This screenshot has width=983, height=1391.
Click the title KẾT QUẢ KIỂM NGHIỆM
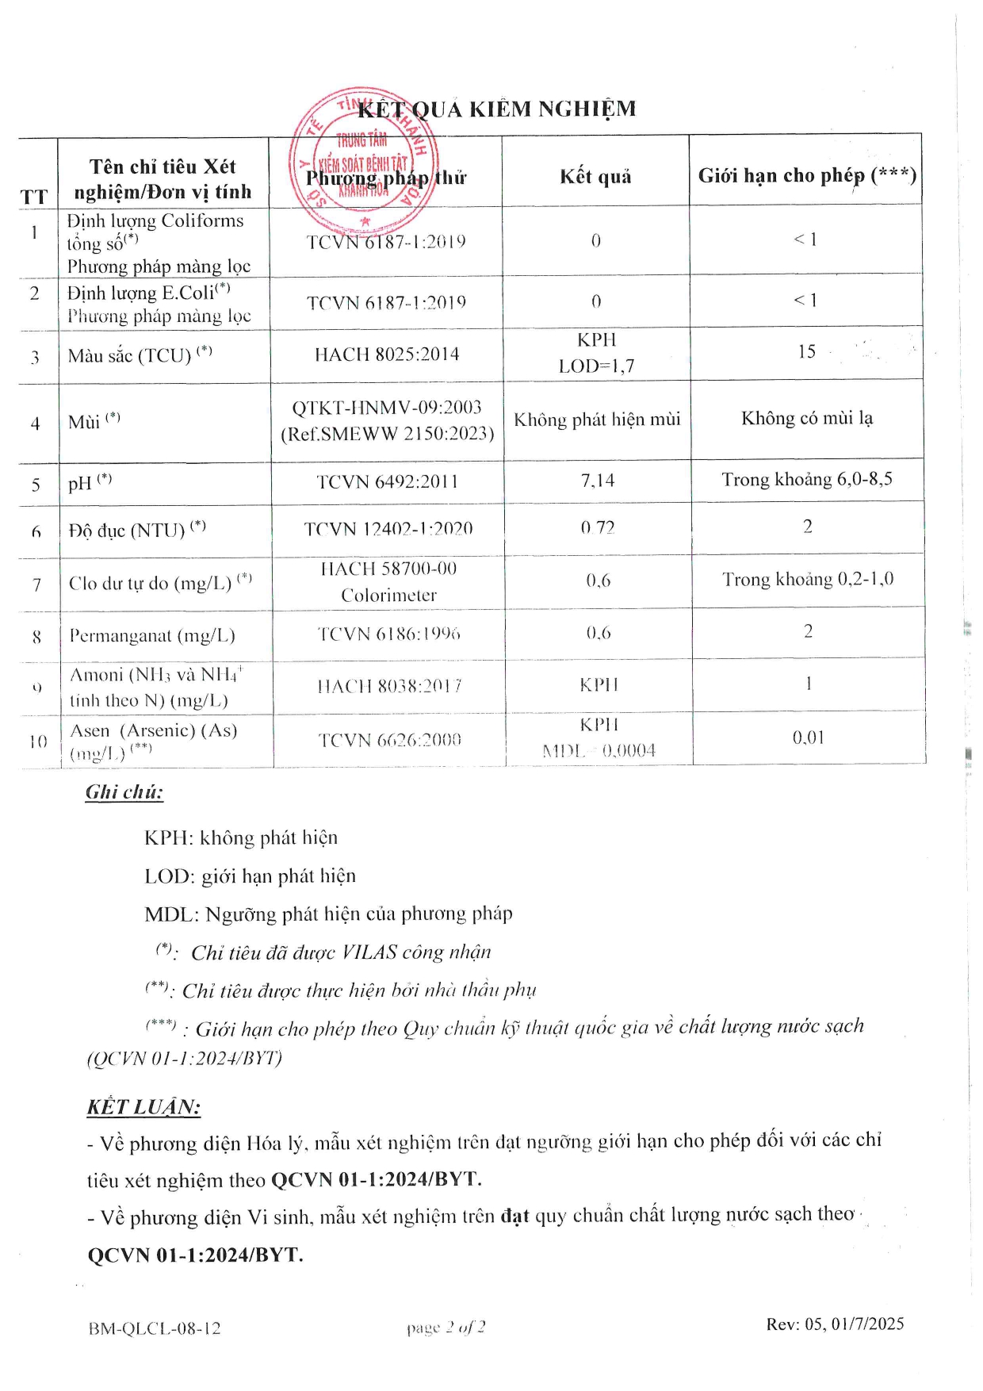(x=497, y=109)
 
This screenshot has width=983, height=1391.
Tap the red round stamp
(x=363, y=159)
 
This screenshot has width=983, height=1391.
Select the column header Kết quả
(x=595, y=176)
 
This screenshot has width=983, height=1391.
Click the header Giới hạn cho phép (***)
(x=806, y=175)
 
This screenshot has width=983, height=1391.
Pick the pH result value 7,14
(x=597, y=480)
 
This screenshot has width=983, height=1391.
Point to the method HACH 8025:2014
(x=387, y=354)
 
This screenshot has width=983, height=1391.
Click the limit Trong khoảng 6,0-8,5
(x=806, y=479)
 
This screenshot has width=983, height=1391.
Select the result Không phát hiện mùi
(x=597, y=419)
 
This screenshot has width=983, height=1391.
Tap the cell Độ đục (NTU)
(x=136, y=529)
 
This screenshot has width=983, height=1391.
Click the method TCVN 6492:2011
(x=387, y=481)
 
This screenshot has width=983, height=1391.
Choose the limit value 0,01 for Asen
(x=808, y=738)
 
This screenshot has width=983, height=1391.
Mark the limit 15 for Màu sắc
(x=806, y=351)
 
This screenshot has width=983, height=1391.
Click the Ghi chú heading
(x=124, y=791)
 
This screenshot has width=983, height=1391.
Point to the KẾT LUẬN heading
(x=143, y=1107)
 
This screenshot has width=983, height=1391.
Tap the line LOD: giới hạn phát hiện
(x=250, y=876)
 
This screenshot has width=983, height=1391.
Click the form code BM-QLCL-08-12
(x=155, y=1328)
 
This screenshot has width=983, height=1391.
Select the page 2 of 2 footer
(x=446, y=1327)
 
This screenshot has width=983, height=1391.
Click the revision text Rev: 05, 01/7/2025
(x=834, y=1324)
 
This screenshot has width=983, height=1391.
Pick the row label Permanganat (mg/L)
(x=151, y=635)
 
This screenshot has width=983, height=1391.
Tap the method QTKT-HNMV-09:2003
(x=387, y=407)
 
